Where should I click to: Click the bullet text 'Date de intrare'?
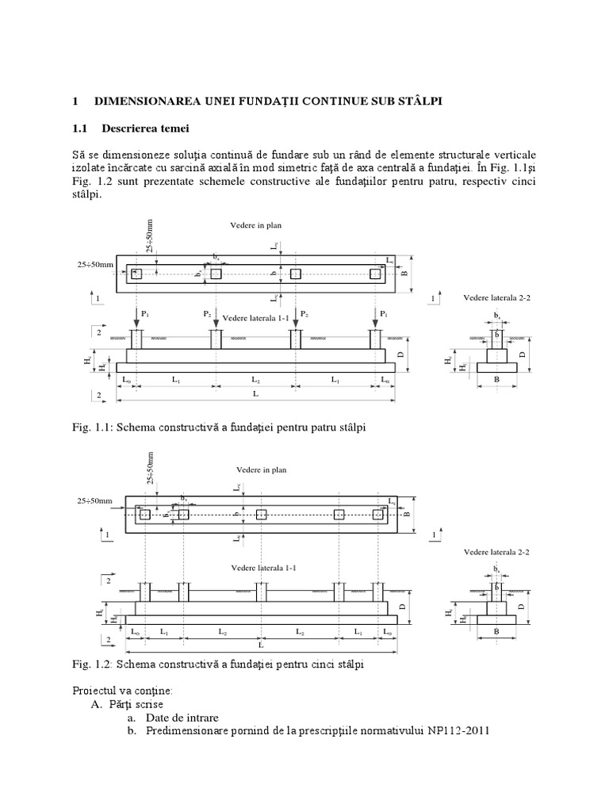point(183,716)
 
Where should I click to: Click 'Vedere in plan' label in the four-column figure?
point(255,226)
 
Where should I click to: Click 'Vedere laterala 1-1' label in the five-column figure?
point(259,568)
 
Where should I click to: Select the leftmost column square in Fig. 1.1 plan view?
point(136,274)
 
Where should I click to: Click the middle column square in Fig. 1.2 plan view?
point(261,515)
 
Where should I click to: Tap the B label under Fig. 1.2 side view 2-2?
point(497,632)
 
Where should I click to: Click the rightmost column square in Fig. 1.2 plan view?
point(377,515)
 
